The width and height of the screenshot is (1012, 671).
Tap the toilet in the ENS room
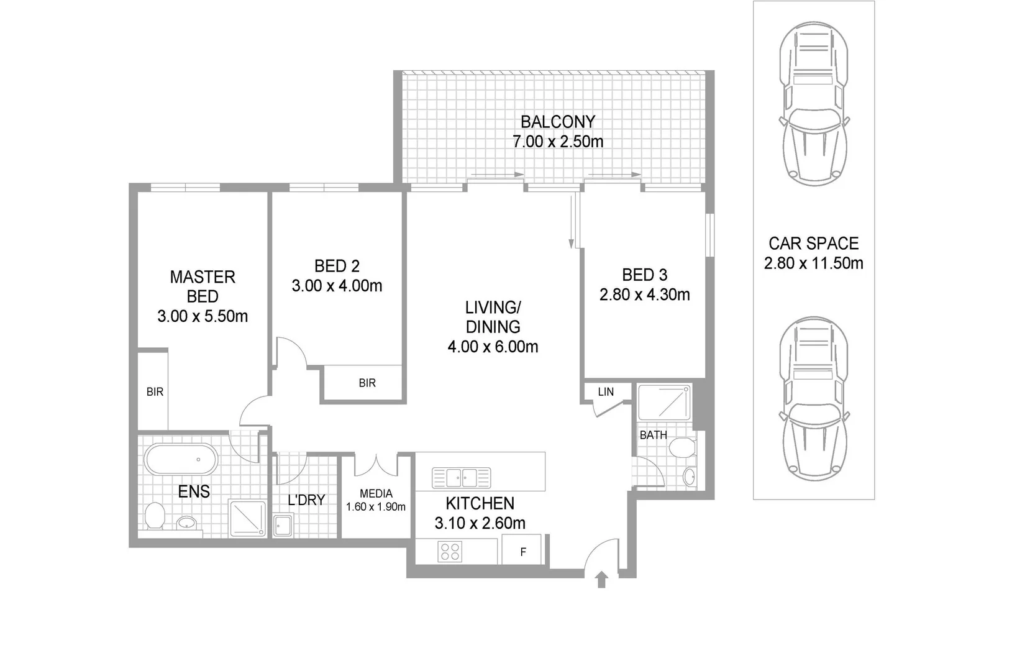(x=154, y=516)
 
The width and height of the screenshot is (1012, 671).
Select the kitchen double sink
(x=462, y=477)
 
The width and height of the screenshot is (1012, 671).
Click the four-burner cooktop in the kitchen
(x=450, y=551)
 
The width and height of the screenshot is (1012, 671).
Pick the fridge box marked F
(x=522, y=551)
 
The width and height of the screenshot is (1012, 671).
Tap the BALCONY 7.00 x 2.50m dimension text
(x=557, y=142)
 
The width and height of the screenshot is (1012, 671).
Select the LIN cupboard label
(x=606, y=391)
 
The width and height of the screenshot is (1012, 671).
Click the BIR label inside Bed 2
(x=367, y=383)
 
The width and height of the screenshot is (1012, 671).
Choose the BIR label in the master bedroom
(x=155, y=392)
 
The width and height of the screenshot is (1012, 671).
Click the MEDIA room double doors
(x=376, y=465)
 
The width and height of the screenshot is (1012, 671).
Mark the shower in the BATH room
(x=664, y=403)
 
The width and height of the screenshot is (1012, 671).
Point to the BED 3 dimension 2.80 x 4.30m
(x=644, y=294)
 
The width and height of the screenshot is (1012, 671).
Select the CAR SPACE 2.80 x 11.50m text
(x=813, y=263)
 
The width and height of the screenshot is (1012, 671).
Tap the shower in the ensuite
(x=247, y=518)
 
